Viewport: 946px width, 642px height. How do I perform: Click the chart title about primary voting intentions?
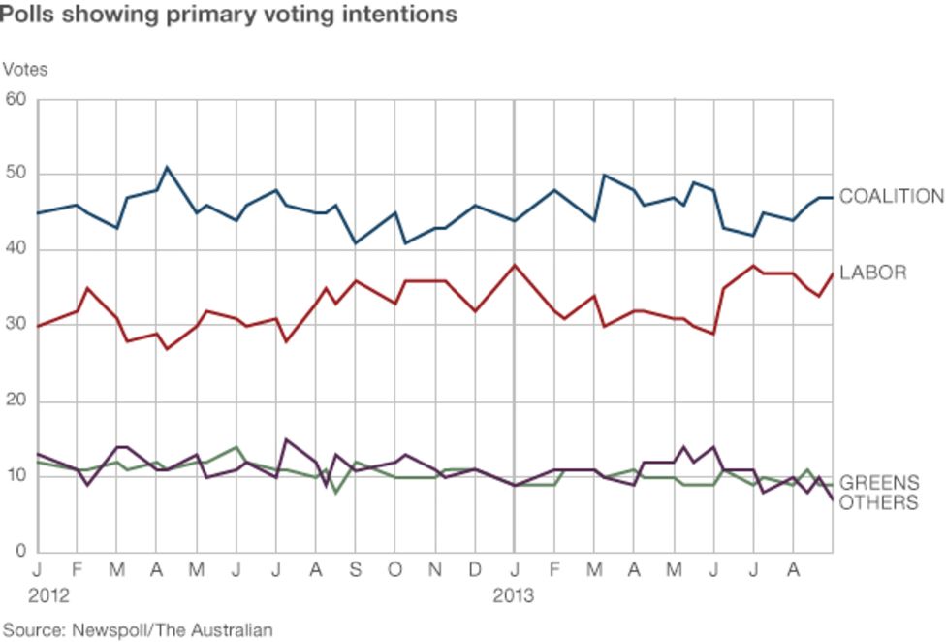(229, 15)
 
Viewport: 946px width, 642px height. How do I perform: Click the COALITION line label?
(891, 197)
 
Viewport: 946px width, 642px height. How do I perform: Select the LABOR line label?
(872, 273)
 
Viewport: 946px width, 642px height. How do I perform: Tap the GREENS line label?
(878, 483)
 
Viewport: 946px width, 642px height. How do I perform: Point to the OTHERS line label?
(878, 502)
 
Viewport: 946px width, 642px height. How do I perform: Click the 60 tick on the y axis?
(16, 99)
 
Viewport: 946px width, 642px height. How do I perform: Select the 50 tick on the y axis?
(16, 175)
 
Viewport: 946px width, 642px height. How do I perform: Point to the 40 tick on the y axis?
(16, 250)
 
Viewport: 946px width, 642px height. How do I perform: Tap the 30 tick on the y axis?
(16, 326)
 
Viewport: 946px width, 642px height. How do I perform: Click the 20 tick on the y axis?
(16, 401)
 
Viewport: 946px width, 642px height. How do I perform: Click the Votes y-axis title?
(25, 70)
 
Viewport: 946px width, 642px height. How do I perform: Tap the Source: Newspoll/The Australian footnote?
(138, 630)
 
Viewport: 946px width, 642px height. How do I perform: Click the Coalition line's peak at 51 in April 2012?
(168, 167)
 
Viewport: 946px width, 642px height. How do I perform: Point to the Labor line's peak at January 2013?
(514, 265)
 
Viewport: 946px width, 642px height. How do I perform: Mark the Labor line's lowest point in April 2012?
(167, 348)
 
